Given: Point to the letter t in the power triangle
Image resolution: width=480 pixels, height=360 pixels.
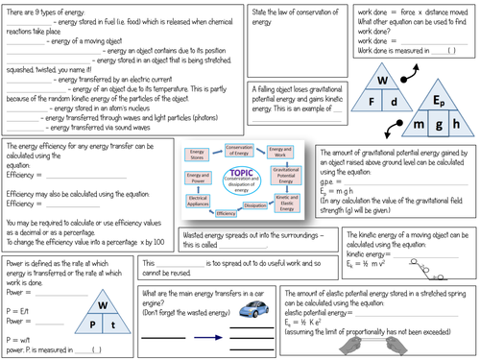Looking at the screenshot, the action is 113,323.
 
